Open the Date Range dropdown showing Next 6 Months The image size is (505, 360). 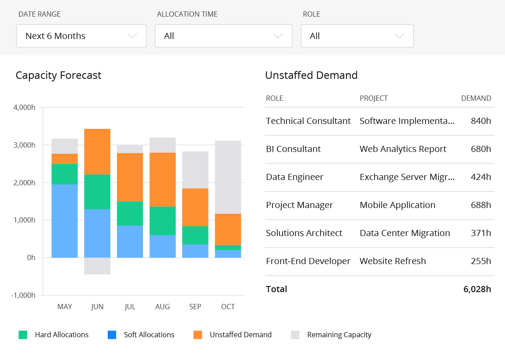click(x=81, y=36)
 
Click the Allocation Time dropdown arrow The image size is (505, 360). click(x=278, y=36)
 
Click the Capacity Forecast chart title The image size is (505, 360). click(x=58, y=75)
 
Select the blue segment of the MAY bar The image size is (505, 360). click(x=64, y=221)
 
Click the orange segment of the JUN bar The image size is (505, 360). click(x=97, y=152)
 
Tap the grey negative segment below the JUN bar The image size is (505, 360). click(x=97, y=266)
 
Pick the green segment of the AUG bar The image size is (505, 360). click(x=162, y=221)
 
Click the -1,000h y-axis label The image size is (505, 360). click(x=23, y=295)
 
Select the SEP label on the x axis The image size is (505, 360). click(x=195, y=307)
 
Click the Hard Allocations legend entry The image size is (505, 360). click(x=62, y=335)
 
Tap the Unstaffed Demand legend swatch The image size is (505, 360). click(x=198, y=335)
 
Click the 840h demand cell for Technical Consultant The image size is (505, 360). click(x=480, y=121)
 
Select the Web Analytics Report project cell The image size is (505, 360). click(x=403, y=149)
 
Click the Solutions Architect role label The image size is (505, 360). click(x=304, y=233)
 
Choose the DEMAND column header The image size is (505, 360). click(x=476, y=98)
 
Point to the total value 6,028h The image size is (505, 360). click(x=477, y=289)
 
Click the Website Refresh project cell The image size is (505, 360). click(x=392, y=261)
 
